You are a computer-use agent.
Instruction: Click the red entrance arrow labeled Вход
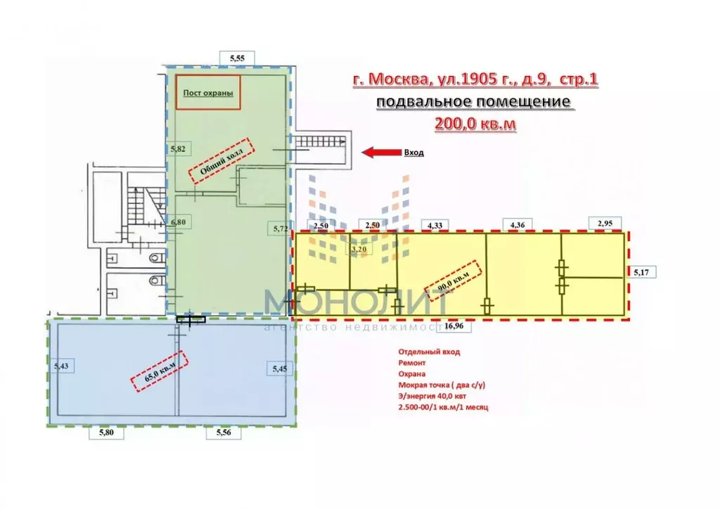[377, 152]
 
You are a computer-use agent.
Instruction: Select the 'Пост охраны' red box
[207, 93]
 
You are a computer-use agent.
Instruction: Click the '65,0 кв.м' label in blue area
[161, 369]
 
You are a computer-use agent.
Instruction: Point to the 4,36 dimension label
[515, 224]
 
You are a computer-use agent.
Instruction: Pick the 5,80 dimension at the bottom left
[102, 434]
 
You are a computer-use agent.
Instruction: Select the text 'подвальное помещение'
[473, 102]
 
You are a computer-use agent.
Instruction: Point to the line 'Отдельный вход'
[428, 352]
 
